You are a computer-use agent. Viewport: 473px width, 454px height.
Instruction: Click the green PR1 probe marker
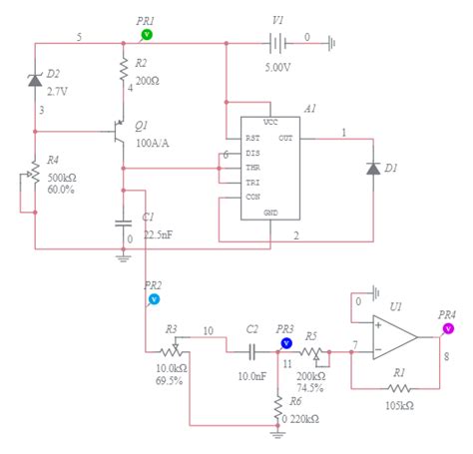point(147,33)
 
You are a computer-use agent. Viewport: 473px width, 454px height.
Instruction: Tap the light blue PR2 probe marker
point(154,298)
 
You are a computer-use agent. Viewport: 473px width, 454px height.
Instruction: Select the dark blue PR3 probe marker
point(285,342)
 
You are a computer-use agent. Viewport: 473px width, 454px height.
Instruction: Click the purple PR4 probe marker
point(448,327)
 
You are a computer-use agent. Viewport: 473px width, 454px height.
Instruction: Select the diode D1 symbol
point(373,170)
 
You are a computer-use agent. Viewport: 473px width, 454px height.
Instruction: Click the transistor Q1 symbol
point(119,131)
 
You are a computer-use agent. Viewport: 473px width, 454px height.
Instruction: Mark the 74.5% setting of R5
point(312,388)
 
